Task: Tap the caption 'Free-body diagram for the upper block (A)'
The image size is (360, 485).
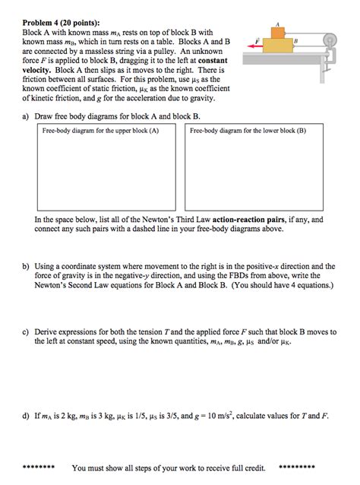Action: [101, 131]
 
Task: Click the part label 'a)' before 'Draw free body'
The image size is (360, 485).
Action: [27, 116]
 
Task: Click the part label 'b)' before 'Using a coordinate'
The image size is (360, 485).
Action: [27, 267]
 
